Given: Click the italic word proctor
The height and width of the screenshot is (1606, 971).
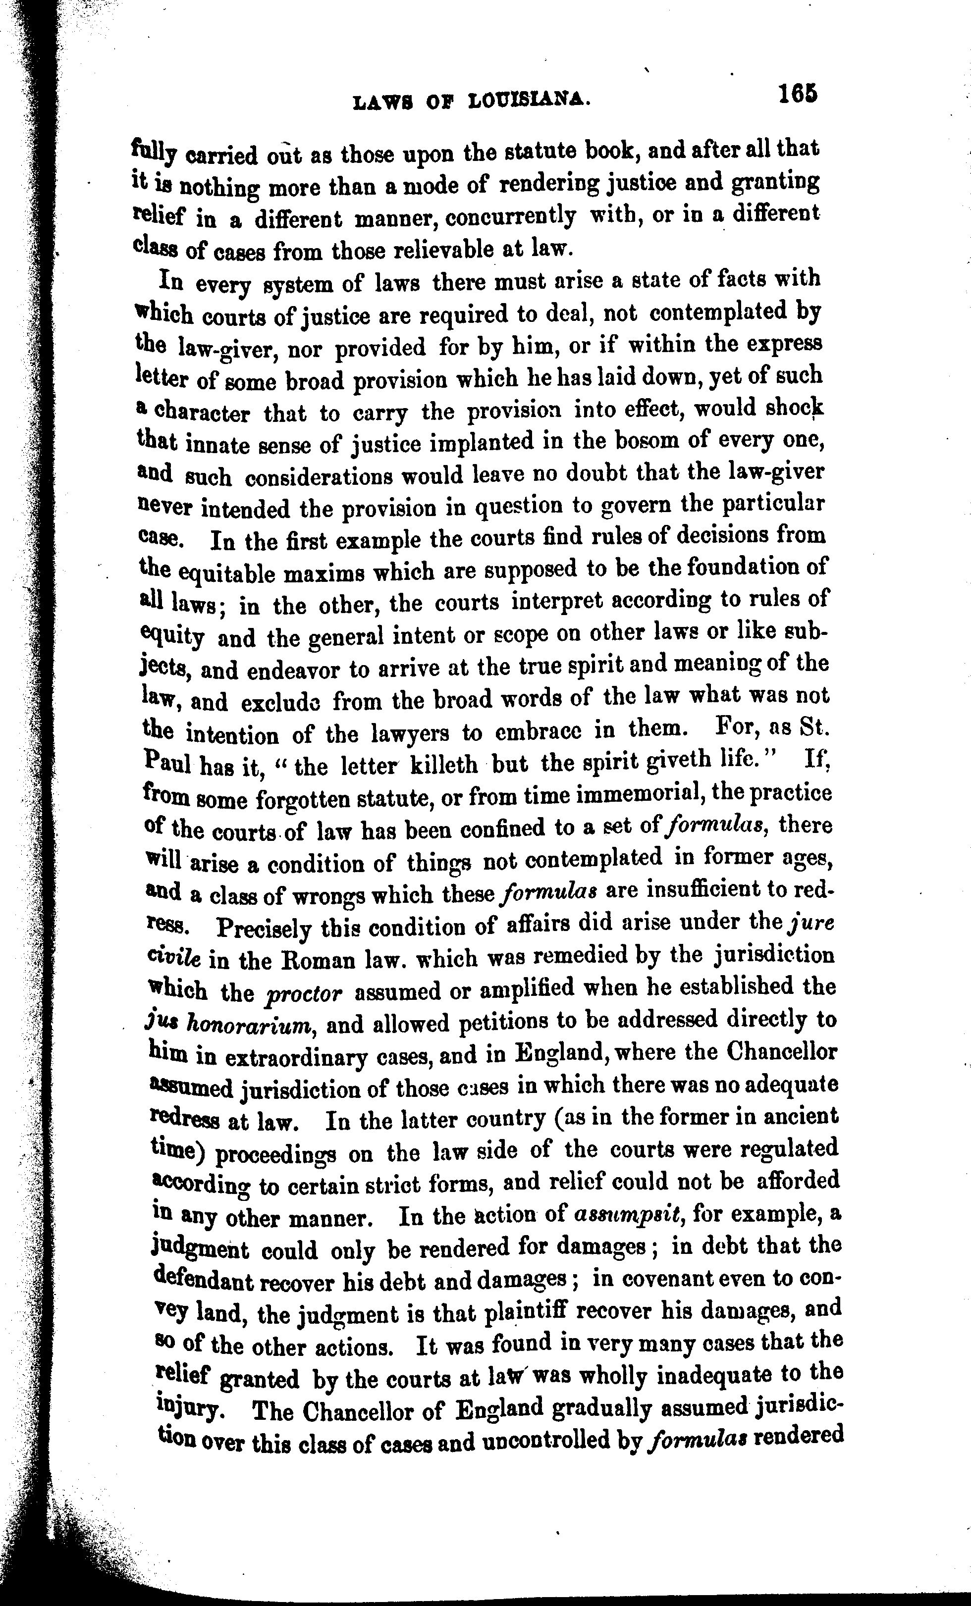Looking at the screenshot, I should (x=304, y=993).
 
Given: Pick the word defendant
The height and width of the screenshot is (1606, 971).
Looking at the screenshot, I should (x=206, y=1280).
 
